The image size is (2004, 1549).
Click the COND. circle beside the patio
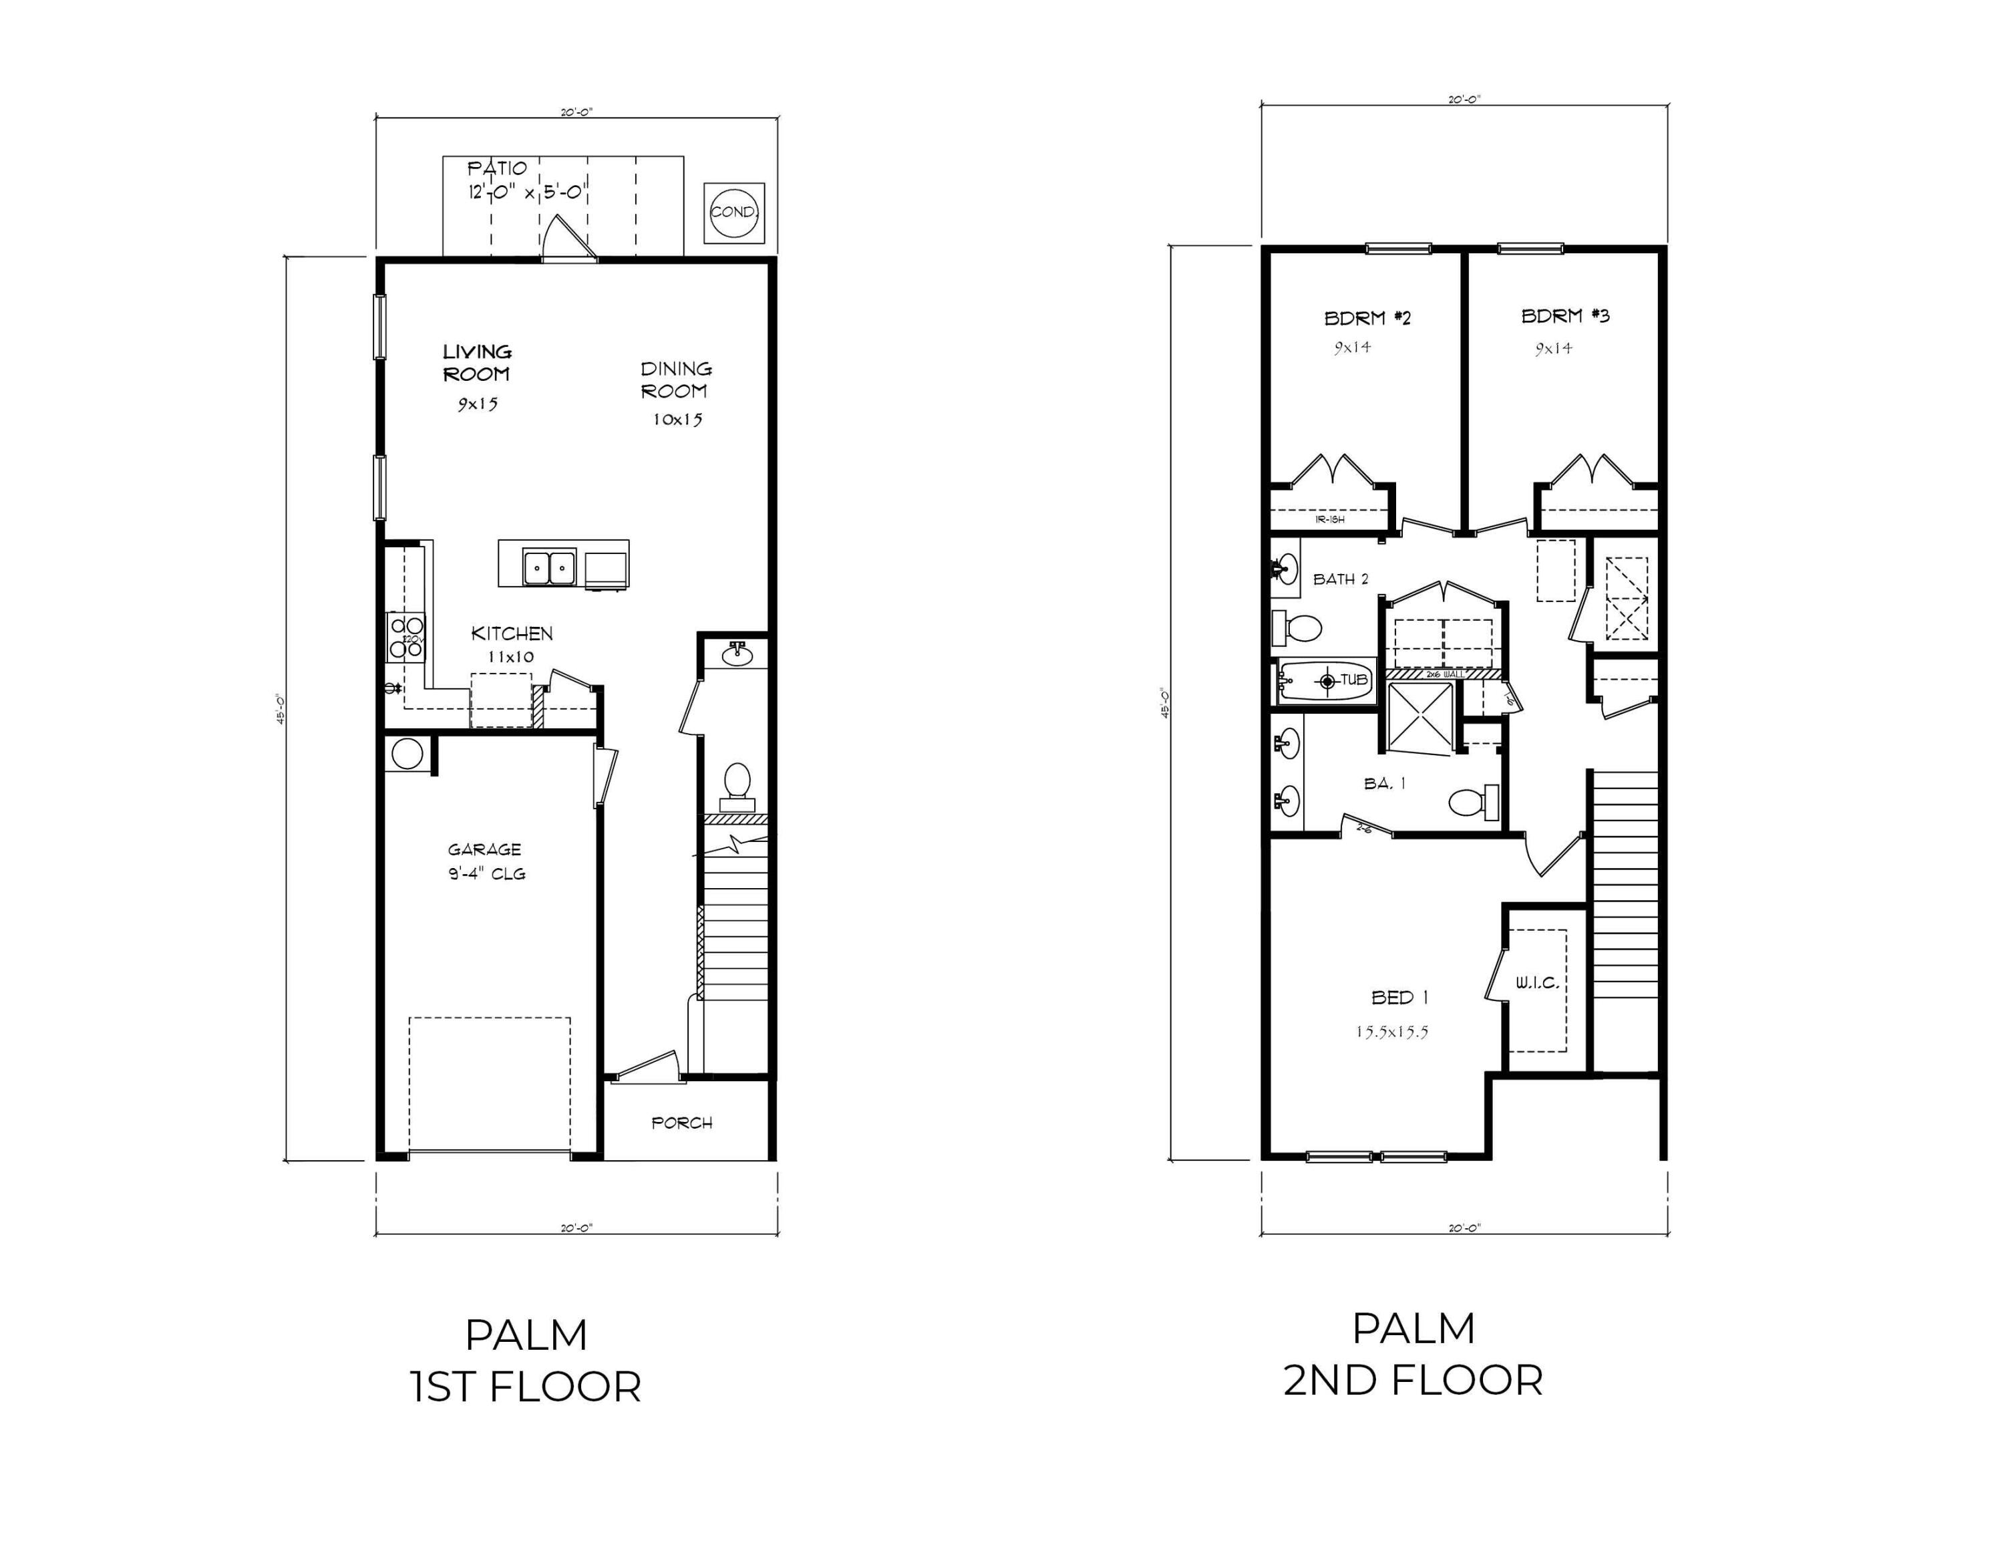733,212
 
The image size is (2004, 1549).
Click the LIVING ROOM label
477,362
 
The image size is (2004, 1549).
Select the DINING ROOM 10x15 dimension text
677,420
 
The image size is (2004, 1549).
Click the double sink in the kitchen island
548,568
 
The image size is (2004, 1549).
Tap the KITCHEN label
512,633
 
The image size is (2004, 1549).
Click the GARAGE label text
484,850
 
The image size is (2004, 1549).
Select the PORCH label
682,1122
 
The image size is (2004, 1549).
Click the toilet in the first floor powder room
737,782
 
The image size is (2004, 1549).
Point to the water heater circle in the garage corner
407,753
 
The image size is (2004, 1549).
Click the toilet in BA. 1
1472,803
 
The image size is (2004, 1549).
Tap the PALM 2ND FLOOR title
1413,1355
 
